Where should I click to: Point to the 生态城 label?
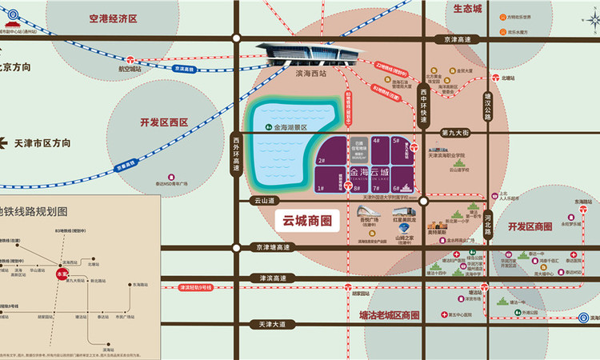(x=467, y=9)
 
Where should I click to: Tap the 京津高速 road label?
(x=456, y=38)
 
